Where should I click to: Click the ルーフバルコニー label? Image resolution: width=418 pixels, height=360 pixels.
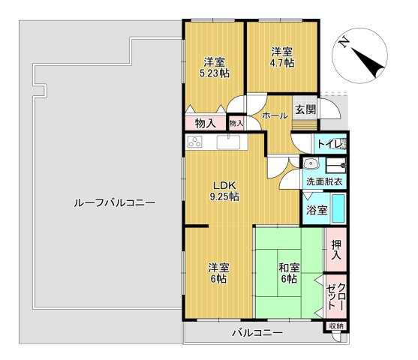coord(114,203)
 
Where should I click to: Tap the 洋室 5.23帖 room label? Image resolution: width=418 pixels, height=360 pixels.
coord(215,67)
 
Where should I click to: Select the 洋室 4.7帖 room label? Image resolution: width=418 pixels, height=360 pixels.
coord(282,57)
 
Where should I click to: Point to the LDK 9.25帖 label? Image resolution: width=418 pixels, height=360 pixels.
coord(224,190)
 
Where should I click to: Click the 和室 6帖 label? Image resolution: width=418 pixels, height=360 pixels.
coord(289,273)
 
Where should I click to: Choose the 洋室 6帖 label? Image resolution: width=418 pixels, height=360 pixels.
coord(218,273)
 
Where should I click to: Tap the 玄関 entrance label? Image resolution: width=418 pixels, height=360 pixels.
coord(305,109)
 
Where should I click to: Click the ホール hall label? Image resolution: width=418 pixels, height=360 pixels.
coord(275,115)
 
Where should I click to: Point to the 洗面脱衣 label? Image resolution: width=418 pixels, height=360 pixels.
coord(324,182)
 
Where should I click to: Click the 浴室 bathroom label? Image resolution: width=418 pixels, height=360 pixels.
coord(317,210)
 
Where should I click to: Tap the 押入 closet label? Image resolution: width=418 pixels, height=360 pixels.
coord(336,250)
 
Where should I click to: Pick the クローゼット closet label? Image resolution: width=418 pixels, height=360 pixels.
coord(336,296)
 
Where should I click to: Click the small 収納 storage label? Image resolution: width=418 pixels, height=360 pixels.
coord(336,325)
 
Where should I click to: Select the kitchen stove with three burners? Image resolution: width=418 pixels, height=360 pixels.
coord(195,142)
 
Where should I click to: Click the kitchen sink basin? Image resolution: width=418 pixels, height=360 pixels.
coord(228,142)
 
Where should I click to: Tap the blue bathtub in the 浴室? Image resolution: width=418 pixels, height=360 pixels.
coord(338,208)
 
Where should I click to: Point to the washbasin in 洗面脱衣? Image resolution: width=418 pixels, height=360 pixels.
coord(310,163)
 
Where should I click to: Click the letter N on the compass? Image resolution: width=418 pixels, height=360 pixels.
coord(344,42)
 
